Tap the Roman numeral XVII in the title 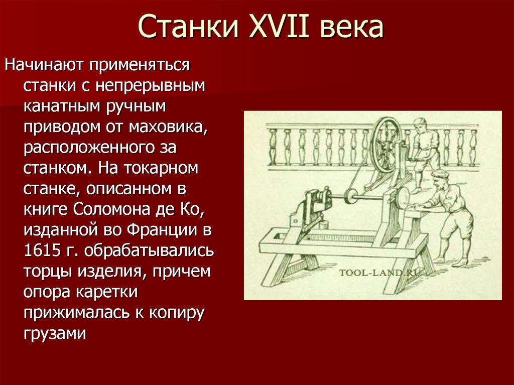[271, 28]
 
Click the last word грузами [55, 333]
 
